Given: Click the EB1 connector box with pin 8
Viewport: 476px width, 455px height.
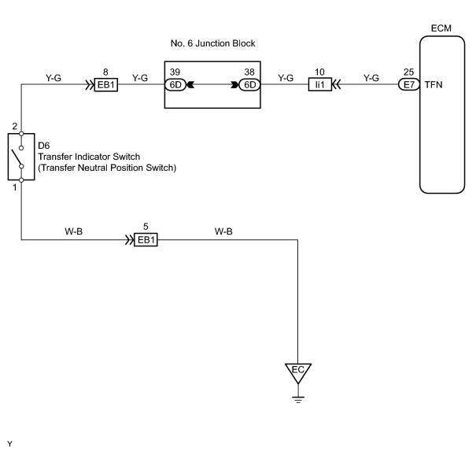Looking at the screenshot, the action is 106,85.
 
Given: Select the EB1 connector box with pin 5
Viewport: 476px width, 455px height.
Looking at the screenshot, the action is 146,240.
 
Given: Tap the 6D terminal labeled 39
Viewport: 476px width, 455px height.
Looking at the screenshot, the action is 175,85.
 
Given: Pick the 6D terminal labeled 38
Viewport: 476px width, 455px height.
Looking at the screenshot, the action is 249,85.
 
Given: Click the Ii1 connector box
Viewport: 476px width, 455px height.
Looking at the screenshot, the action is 320,85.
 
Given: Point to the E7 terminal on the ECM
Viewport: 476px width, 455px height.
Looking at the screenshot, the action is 409,85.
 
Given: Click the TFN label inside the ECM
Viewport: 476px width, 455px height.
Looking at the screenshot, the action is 434,85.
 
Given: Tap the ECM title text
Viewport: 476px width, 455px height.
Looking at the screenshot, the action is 441,28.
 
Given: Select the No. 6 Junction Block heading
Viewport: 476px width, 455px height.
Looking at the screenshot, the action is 212,43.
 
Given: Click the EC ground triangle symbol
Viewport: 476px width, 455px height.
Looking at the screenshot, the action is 298,373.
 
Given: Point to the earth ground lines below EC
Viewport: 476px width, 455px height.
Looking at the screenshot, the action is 298,399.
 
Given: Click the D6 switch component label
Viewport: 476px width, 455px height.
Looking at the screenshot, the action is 44,146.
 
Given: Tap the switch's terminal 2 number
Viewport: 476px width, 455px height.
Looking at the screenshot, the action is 15,126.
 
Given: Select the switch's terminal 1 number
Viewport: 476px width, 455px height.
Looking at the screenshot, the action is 15,187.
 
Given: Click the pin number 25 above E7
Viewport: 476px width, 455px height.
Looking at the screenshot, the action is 408,72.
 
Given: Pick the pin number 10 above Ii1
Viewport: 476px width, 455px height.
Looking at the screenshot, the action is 319,72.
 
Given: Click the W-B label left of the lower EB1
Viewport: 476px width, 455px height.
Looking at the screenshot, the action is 73,231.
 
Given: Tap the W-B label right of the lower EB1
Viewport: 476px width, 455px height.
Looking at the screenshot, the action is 223,231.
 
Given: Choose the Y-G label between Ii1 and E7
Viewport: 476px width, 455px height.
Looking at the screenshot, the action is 371,78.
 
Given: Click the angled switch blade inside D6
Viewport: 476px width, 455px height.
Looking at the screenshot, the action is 17,157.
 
